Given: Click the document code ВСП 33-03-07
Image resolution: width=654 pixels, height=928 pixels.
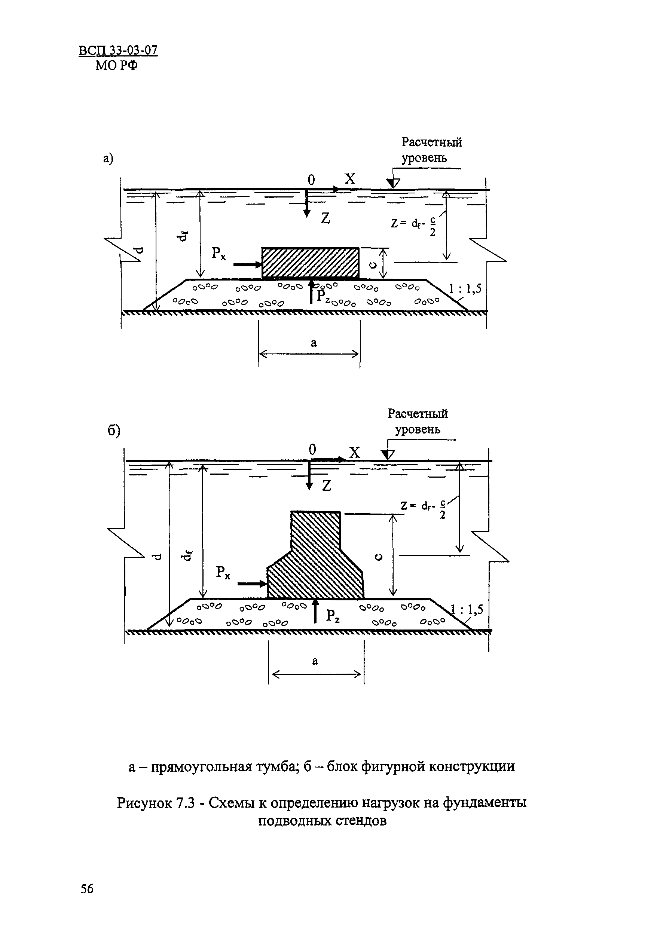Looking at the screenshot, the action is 118,51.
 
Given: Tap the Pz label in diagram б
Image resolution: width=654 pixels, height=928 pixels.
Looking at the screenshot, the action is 333,616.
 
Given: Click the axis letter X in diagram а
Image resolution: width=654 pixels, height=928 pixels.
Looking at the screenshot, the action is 349,179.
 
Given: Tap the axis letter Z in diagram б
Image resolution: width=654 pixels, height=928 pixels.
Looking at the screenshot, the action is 327,486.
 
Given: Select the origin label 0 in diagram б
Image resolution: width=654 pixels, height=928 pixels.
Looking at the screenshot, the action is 312,450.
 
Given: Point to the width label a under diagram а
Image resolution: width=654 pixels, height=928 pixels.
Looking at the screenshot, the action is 314,343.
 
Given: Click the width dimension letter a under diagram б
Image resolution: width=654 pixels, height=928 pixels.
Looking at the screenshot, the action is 315,661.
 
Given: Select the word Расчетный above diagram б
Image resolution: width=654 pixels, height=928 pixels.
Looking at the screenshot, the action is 418,413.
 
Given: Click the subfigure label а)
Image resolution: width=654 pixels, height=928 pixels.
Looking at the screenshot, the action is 107,159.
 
